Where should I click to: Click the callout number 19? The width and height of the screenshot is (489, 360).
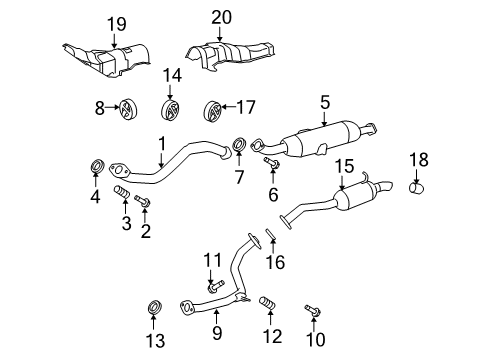pyautogui.click(x=116, y=23)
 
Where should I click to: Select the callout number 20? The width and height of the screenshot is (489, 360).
pyautogui.click(x=221, y=16)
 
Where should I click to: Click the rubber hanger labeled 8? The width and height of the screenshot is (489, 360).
pyautogui.click(x=129, y=109)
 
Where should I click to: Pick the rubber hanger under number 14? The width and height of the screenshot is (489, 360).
pyautogui.click(x=172, y=110)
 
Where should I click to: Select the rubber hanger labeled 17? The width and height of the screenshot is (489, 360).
pyautogui.click(x=211, y=109)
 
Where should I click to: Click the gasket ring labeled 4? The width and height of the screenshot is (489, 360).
pyautogui.click(x=98, y=164)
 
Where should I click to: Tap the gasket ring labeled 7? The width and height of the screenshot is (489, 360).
pyautogui.click(x=240, y=148)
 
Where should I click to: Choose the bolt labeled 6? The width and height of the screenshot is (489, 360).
pyautogui.click(x=269, y=161)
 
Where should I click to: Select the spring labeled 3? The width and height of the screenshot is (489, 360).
pyautogui.click(x=121, y=192)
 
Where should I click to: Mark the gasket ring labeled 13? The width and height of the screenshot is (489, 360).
pyautogui.click(x=154, y=304)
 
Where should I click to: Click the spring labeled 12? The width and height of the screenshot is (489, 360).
pyautogui.click(x=267, y=304)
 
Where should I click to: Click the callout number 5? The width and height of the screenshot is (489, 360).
pyautogui.click(x=324, y=101)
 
